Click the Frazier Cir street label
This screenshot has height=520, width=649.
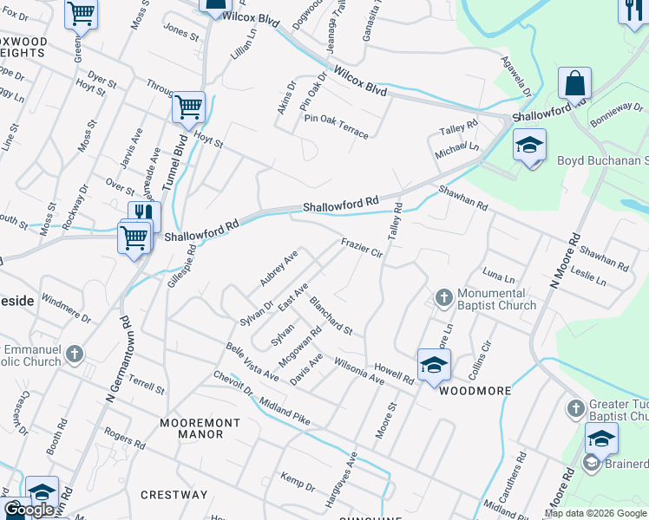pyautogui.click(x=362, y=249)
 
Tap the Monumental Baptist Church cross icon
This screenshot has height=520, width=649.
pyautogui.click(x=443, y=299)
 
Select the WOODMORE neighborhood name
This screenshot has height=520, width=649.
pyautogui.click(x=475, y=391)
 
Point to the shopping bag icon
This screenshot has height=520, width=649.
pyautogui.click(x=574, y=84)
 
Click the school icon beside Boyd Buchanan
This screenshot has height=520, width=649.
pyautogui.click(x=528, y=145)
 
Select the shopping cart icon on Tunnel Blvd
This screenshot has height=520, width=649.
pyautogui.click(x=188, y=108)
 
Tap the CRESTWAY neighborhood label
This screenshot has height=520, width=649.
pyautogui.click(x=174, y=495)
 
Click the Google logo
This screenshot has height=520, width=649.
pyautogui.click(x=29, y=510)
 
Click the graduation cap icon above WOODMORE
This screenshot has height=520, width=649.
pyautogui.click(x=434, y=364)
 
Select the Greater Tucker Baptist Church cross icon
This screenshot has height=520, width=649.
pyautogui.click(x=574, y=407)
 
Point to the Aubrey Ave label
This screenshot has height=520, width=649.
pyautogui.click(x=279, y=269)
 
